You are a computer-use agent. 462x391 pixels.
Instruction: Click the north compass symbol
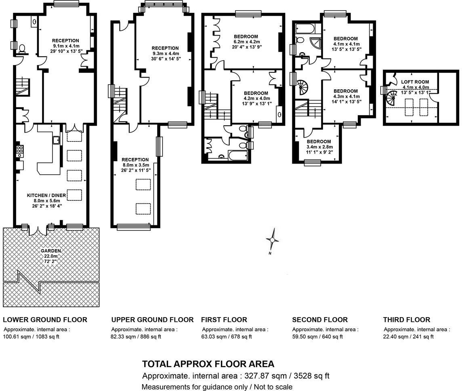(x=273, y=240)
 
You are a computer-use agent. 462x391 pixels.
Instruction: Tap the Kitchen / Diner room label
(x=46, y=195)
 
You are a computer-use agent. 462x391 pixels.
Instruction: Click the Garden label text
(x=50, y=251)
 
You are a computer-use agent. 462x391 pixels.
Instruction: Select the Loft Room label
(x=415, y=82)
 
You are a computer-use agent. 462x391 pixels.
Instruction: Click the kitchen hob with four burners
(x=20, y=151)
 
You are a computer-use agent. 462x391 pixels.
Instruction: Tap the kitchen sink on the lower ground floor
(x=56, y=140)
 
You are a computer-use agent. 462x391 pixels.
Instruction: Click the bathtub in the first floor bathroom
(x=238, y=155)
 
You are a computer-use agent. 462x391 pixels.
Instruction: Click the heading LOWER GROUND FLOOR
(x=45, y=320)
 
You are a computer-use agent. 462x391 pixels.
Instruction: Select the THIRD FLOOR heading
(x=407, y=320)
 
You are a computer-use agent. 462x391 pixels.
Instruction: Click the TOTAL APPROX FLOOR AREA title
(x=208, y=364)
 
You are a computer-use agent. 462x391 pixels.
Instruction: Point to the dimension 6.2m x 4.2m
(x=247, y=42)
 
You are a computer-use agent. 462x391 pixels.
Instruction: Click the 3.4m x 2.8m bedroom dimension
(x=320, y=147)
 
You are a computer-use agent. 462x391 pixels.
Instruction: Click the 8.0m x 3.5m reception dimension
(x=136, y=165)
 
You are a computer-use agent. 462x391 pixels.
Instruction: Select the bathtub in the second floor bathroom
(x=303, y=28)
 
